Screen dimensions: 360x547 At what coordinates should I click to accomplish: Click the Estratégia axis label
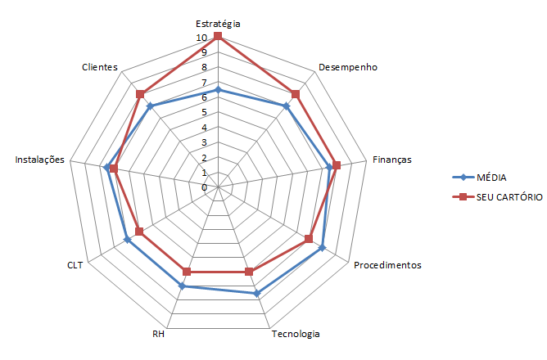(x=218, y=24)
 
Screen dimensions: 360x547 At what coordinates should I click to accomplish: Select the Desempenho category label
(x=347, y=68)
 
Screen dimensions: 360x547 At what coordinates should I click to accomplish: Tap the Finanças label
(x=391, y=160)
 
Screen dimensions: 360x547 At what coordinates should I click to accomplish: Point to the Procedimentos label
(x=387, y=265)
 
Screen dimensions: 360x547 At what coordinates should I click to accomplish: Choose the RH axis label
(x=159, y=334)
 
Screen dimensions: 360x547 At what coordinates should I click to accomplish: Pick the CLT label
(x=75, y=265)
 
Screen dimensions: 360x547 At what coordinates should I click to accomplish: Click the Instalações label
(x=39, y=160)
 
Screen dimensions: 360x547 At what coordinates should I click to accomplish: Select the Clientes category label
(x=100, y=67)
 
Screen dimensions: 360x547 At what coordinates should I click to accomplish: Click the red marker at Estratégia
(x=218, y=37)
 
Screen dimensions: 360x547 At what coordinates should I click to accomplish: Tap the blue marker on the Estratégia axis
(x=218, y=90)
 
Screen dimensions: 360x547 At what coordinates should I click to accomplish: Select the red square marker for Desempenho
(x=296, y=94)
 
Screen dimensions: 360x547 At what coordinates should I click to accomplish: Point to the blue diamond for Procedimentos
(x=322, y=247)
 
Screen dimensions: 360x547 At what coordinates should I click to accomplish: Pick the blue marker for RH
(x=183, y=286)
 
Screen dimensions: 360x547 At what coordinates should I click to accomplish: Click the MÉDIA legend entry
(x=490, y=177)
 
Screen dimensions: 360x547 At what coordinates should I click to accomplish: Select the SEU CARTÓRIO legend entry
(x=504, y=197)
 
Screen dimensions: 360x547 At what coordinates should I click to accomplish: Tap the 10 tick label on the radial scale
(x=202, y=38)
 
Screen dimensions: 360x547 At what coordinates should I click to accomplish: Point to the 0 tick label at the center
(x=205, y=187)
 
